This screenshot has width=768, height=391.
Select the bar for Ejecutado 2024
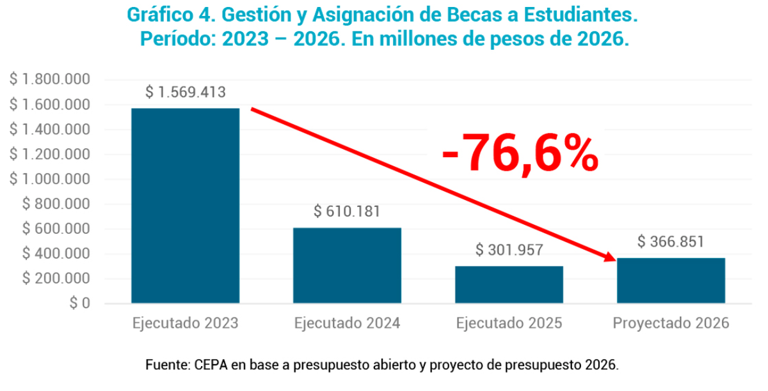point(348,265)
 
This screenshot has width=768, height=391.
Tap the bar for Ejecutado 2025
point(509,284)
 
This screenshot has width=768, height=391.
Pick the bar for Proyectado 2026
point(671,280)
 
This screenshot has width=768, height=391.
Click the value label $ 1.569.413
point(186,93)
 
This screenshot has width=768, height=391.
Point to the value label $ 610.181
point(347,212)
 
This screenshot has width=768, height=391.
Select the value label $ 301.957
point(509,250)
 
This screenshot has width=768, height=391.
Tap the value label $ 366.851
point(671,242)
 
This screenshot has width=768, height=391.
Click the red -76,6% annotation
point(520,154)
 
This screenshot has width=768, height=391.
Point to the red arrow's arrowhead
point(609,258)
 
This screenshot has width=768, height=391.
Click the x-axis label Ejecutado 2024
point(348,323)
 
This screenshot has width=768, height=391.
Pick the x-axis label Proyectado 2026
point(671,323)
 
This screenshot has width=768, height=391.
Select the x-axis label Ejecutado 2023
point(186,323)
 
